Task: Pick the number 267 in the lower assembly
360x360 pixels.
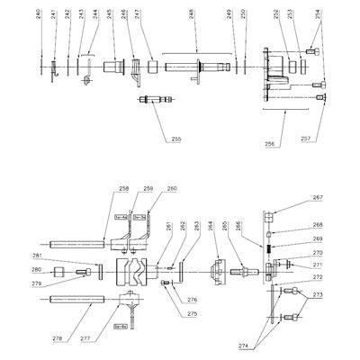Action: pyautogui.click(x=317, y=198)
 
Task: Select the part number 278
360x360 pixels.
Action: pyautogui.click(x=85, y=339)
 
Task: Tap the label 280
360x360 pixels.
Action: pyautogui.click(x=36, y=270)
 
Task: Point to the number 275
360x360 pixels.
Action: pyautogui.click(x=192, y=313)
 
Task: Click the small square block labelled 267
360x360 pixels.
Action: pyautogui.click(x=267, y=214)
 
